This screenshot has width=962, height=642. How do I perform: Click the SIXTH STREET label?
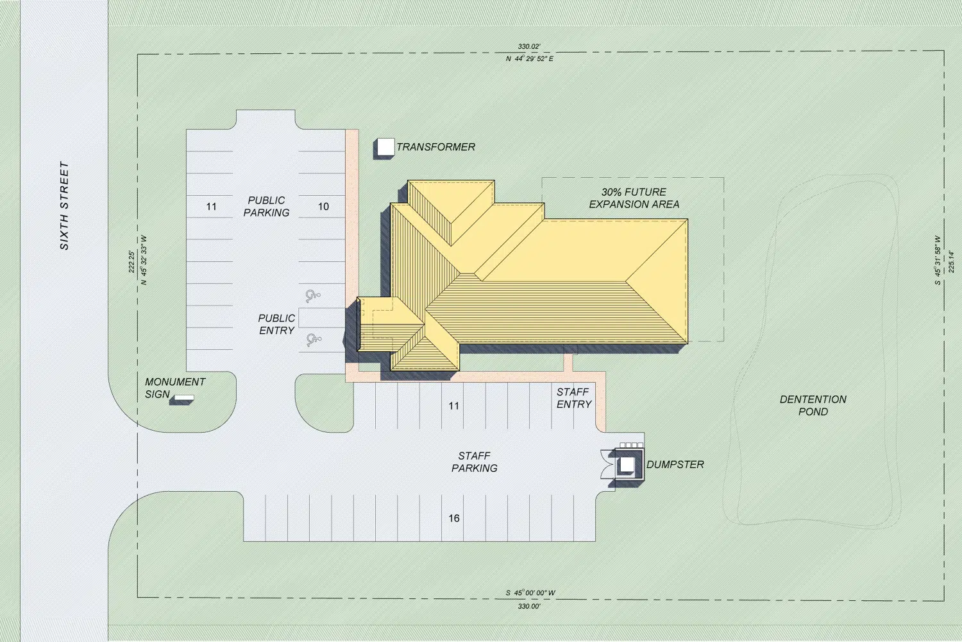pyautogui.click(x=64, y=205)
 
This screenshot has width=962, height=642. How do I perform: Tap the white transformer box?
pyautogui.click(x=386, y=146)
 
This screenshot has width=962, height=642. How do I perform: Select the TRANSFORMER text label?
pyautogui.click(x=435, y=147)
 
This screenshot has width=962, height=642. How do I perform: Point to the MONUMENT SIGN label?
pyautogui.click(x=175, y=388)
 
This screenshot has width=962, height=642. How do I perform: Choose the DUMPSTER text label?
pyautogui.click(x=675, y=464)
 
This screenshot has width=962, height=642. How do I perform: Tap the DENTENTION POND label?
pyautogui.click(x=813, y=406)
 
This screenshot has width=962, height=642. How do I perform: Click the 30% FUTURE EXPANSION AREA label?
pyautogui.click(x=634, y=198)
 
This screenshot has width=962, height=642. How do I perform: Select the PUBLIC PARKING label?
pyautogui.click(x=266, y=207)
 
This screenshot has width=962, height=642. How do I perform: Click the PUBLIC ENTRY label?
pyautogui.click(x=276, y=324)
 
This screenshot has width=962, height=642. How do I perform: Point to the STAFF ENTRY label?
pyautogui.click(x=574, y=398)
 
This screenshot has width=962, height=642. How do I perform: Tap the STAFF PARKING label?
pyautogui.click(x=474, y=462)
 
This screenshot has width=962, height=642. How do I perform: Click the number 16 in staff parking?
pyautogui.click(x=454, y=518)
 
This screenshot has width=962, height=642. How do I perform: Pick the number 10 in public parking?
pyautogui.click(x=323, y=207)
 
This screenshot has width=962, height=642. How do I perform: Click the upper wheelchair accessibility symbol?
pyautogui.click(x=313, y=295)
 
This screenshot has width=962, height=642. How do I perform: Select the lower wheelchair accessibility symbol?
pyautogui.click(x=314, y=340)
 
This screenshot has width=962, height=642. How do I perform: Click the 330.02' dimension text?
pyautogui.click(x=529, y=46)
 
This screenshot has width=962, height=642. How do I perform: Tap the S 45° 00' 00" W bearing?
pyautogui.click(x=530, y=593)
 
